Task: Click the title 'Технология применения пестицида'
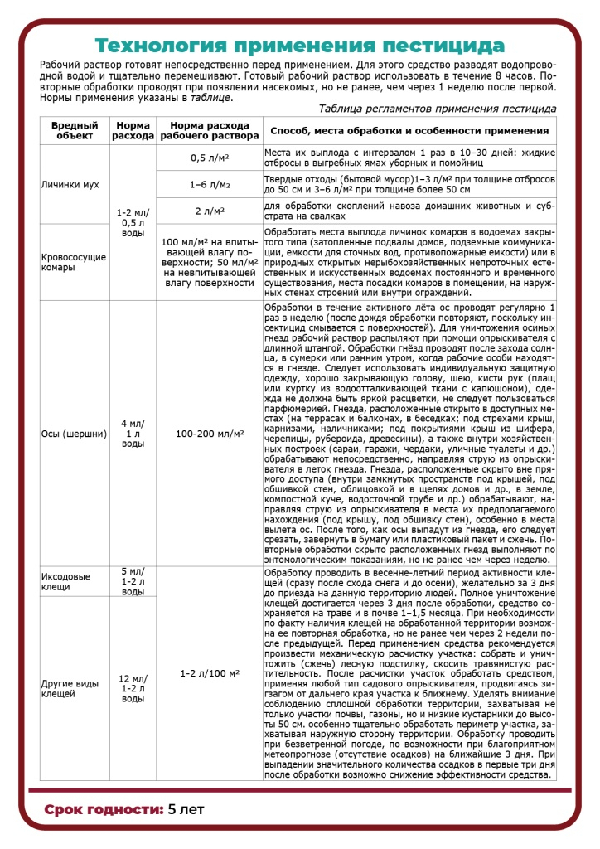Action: tap(299, 45)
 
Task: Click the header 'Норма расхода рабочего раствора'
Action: tap(209, 129)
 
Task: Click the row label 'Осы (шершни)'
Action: tap(69, 433)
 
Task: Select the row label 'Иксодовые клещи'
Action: tap(65, 581)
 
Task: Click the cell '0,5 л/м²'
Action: tap(209, 157)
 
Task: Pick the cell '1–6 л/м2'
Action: tap(209, 184)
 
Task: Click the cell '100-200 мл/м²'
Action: tap(209, 433)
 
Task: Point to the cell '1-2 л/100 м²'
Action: tap(209, 673)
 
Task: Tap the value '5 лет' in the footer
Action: tap(186, 808)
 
